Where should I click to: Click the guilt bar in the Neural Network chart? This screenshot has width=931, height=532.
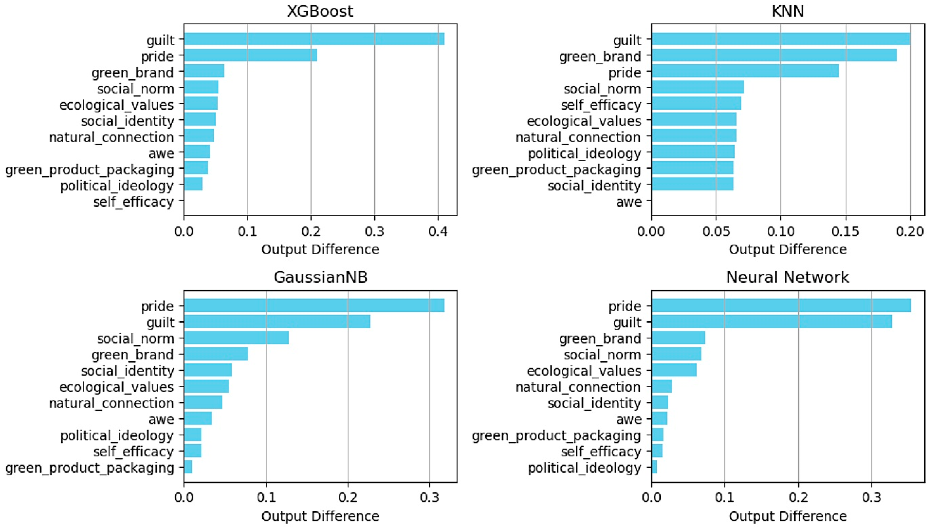(x=771, y=322)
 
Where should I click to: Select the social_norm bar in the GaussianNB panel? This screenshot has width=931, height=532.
(x=236, y=338)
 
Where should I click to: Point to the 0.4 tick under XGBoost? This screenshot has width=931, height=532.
(x=438, y=232)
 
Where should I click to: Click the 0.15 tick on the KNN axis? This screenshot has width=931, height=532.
(x=845, y=232)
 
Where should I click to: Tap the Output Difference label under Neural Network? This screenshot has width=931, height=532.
(x=788, y=516)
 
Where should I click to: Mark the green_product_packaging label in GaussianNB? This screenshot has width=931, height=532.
(x=90, y=468)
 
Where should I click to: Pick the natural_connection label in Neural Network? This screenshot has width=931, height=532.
(x=578, y=387)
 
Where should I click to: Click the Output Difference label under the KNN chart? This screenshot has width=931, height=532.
(x=788, y=250)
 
